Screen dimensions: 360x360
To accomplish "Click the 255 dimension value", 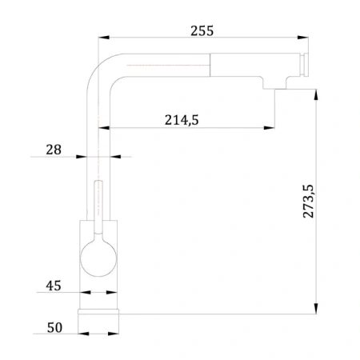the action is point(202,31).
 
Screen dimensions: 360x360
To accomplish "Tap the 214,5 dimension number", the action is point(182,120).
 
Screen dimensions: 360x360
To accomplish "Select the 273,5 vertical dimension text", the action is point(308,201).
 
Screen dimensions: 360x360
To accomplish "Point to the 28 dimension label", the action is point(54,150).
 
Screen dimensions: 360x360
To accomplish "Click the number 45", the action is point(54,286).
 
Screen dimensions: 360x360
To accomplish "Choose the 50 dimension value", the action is point(54,327).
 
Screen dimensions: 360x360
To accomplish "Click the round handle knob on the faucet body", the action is point(98,258).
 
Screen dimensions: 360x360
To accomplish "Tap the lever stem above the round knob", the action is point(98,207).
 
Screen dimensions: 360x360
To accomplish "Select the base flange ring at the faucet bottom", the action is point(98,312).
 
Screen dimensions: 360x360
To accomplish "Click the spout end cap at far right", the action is point(305,65).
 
